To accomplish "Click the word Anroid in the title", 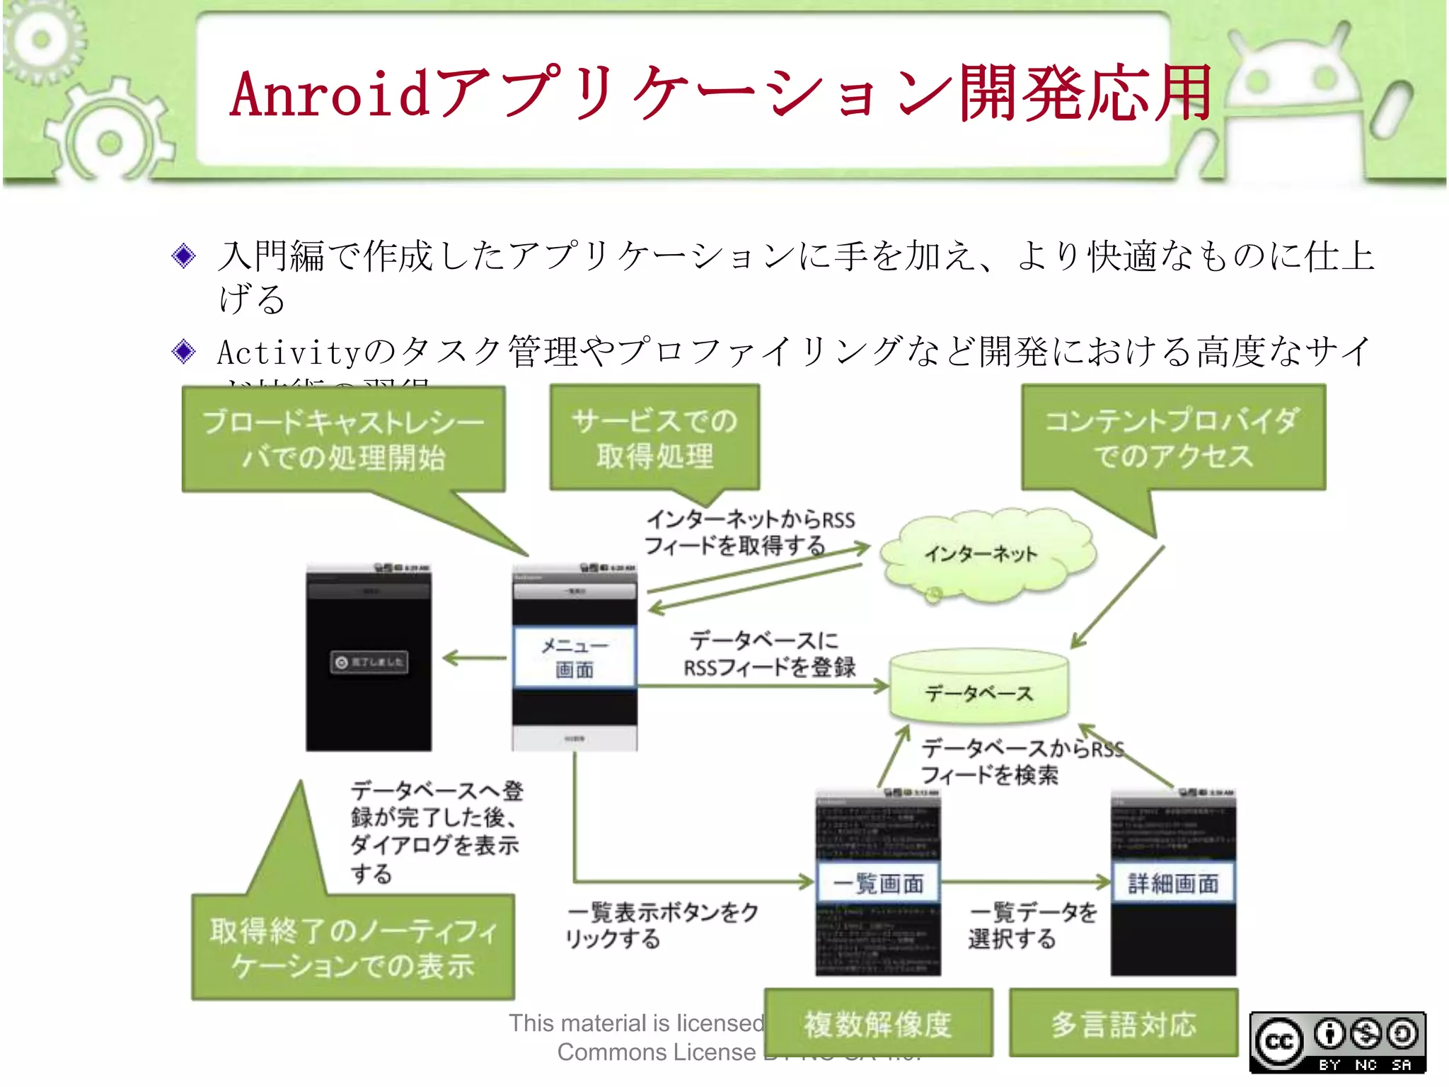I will (x=330, y=93).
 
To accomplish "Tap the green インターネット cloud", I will (x=983, y=553).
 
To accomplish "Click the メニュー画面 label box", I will (x=575, y=657).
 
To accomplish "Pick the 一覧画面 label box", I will (x=878, y=882).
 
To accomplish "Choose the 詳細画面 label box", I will (x=1173, y=882).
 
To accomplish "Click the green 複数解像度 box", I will (x=878, y=1023).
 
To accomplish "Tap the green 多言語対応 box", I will (x=1123, y=1023).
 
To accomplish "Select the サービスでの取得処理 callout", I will (x=654, y=438).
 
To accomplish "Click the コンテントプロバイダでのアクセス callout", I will (x=1172, y=438).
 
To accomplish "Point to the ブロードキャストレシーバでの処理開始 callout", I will (x=344, y=439).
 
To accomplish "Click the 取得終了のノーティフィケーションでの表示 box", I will (x=353, y=948).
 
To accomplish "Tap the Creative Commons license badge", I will (x=1337, y=1042).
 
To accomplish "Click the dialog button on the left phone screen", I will (x=369, y=662).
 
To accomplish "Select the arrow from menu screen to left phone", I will (x=474, y=658).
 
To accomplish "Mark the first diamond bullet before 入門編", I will (x=184, y=255).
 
